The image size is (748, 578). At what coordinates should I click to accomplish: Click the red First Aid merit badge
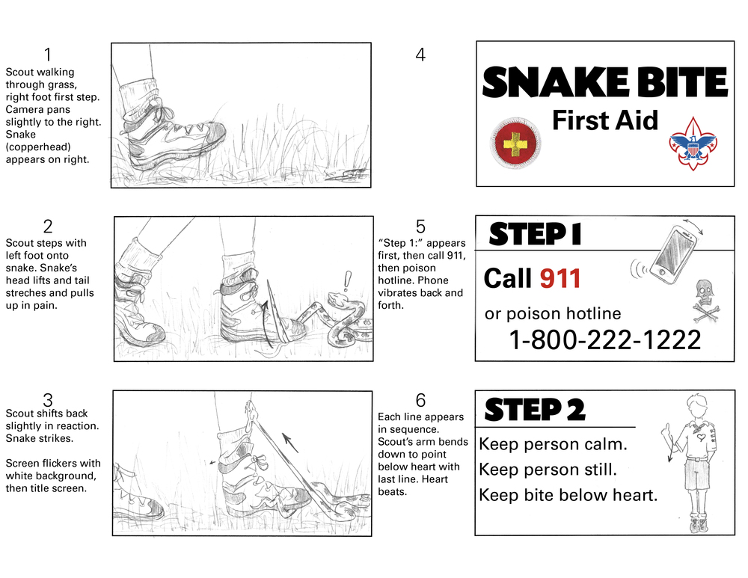[515, 143]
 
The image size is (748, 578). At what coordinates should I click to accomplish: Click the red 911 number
[560, 278]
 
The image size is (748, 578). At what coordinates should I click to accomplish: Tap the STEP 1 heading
[535, 235]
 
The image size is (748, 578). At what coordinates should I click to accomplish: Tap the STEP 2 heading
[535, 410]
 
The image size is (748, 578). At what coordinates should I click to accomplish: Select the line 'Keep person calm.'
[553, 444]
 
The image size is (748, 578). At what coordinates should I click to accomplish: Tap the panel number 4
[420, 55]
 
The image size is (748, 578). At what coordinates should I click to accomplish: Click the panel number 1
[48, 55]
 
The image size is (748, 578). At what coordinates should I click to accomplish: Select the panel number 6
[420, 400]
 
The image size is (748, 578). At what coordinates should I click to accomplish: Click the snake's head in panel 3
[251, 410]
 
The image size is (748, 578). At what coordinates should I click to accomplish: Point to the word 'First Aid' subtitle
[604, 120]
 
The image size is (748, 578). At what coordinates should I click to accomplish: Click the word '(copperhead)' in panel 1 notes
[34, 147]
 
